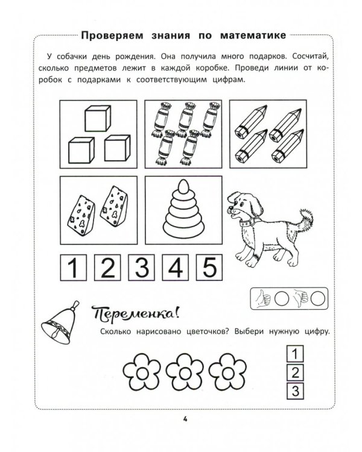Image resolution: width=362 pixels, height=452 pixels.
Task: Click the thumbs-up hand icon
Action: coord(262,298)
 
